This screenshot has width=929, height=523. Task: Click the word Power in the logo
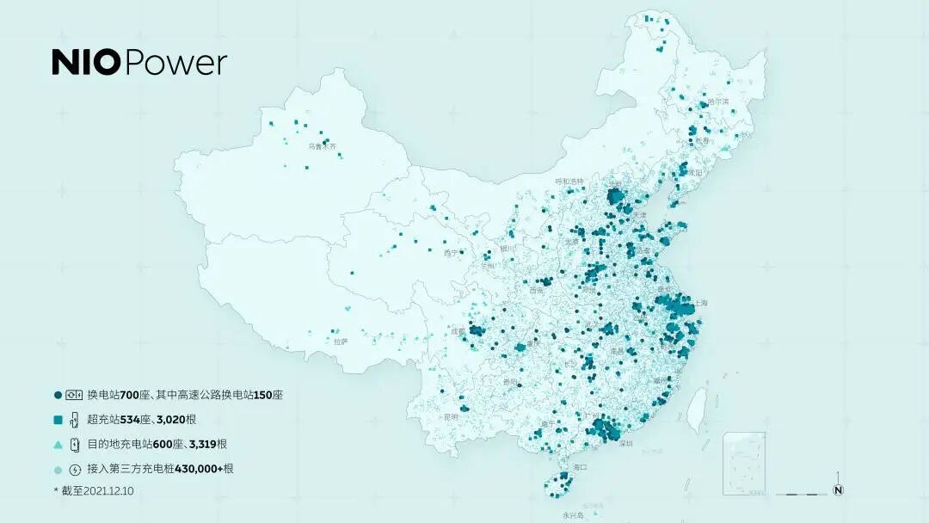[x=176, y=63]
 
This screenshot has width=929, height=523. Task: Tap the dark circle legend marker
[x=58, y=395]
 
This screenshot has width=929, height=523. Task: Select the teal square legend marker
[x=58, y=420]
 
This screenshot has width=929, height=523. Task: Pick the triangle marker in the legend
[x=58, y=445]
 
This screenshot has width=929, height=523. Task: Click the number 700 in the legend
[x=130, y=395]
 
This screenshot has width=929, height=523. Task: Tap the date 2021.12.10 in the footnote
[x=105, y=490]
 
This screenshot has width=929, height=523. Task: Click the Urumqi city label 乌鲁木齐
[x=323, y=147]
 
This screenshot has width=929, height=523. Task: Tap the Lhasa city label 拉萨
[x=341, y=341]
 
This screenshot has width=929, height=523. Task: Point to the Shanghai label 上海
[x=700, y=303]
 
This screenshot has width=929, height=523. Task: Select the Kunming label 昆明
[x=451, y=416]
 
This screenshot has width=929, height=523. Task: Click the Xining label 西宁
[x=451, y=253]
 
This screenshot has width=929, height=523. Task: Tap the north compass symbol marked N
[x=838, y=489]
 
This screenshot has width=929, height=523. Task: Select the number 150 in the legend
[x=261, y=395]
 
